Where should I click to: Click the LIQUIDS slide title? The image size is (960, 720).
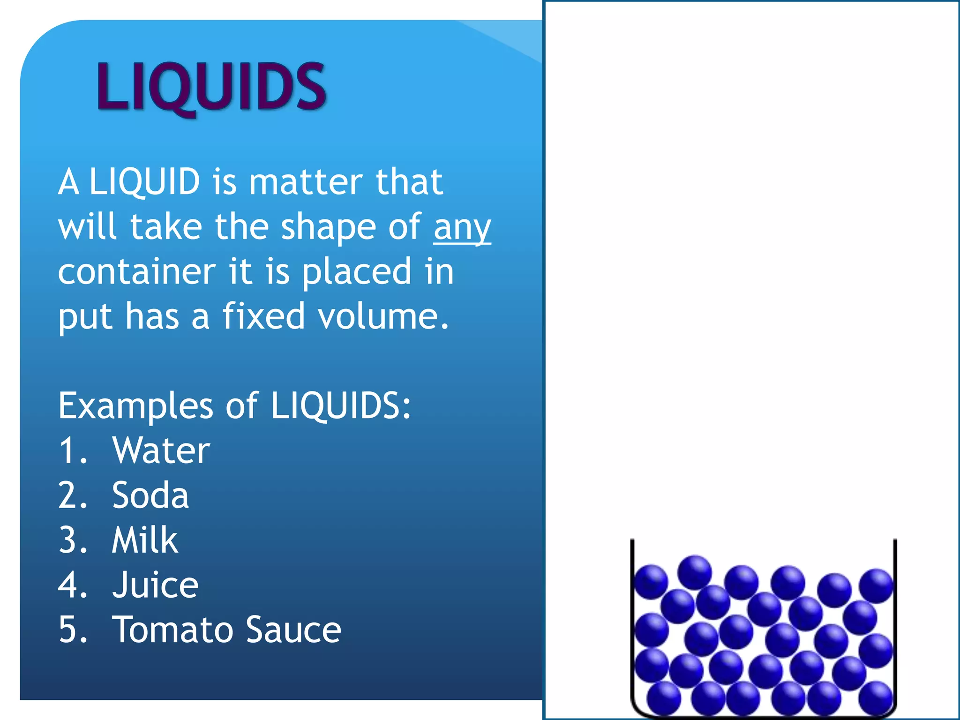pos(211,87)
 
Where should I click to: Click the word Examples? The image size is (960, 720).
pos(135,405)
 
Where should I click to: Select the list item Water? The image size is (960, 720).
pos(161,450)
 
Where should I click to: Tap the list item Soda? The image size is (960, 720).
pos(150,495)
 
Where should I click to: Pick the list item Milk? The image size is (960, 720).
pos(145,540)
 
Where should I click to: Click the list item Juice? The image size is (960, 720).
pos(155,585)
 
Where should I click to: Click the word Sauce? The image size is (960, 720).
pos(293,630)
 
